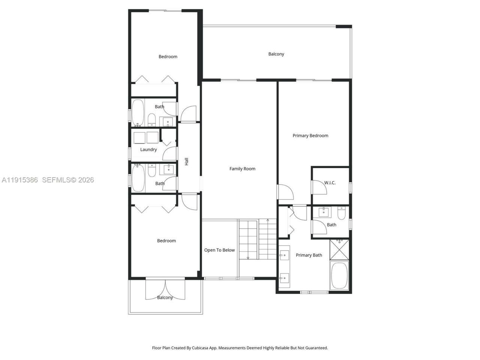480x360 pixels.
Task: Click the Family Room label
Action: coord(242,169)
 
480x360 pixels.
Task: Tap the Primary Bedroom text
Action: coord(310,136)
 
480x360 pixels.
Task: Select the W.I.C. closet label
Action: coord(330,183)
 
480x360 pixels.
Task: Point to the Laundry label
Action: coord(148,150)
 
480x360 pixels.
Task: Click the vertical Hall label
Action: coord(186,161)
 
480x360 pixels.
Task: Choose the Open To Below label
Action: coord(219,250)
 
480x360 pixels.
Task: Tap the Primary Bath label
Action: coord(309,255)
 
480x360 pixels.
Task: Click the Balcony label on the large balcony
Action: coord(276,54)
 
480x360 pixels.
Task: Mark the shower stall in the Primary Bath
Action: coord(339,249)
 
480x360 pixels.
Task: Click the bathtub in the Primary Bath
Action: coord(339,276)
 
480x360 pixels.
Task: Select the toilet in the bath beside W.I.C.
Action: coord(341,213)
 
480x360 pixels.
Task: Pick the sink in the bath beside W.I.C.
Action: coord(324,212)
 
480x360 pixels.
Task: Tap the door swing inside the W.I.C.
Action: coord(319,187)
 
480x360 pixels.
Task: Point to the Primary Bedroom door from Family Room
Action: coord(285,192)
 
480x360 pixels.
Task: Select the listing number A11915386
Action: coord(19,180)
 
